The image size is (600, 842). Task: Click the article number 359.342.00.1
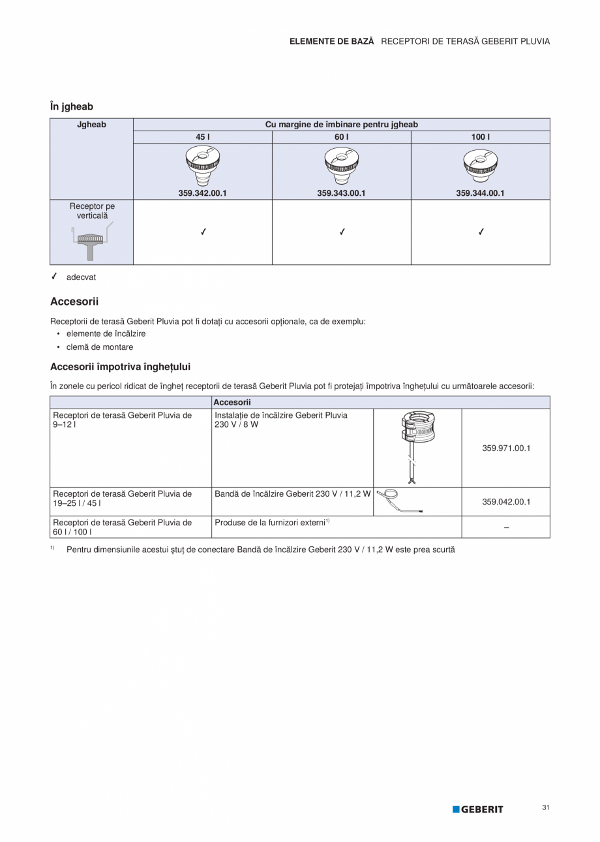[x=202, y=193]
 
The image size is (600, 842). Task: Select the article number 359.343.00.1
[x=341, y=193]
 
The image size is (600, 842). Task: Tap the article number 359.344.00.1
[x=480, y=193]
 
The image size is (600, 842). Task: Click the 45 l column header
[x=202, y=137]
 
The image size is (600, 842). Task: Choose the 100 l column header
[x=480, y=137]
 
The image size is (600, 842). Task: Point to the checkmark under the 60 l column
[x=342, y=232]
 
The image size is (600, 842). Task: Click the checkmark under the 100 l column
[x=481, y=232]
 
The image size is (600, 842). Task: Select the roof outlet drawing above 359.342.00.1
[x=202, y=166]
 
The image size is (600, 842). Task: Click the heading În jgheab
[x=72, y=106]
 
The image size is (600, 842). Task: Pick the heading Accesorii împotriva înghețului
[x=120, y=367]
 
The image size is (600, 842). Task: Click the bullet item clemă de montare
[x=99, y=347]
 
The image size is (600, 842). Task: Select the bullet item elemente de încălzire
[x=106, y=334]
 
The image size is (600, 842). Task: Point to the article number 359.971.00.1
[x=506, y=448]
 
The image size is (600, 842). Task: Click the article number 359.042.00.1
[x=506, y=502]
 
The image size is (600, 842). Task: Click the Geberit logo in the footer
[x=478, y=809]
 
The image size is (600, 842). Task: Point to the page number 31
[x=545, y=808]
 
